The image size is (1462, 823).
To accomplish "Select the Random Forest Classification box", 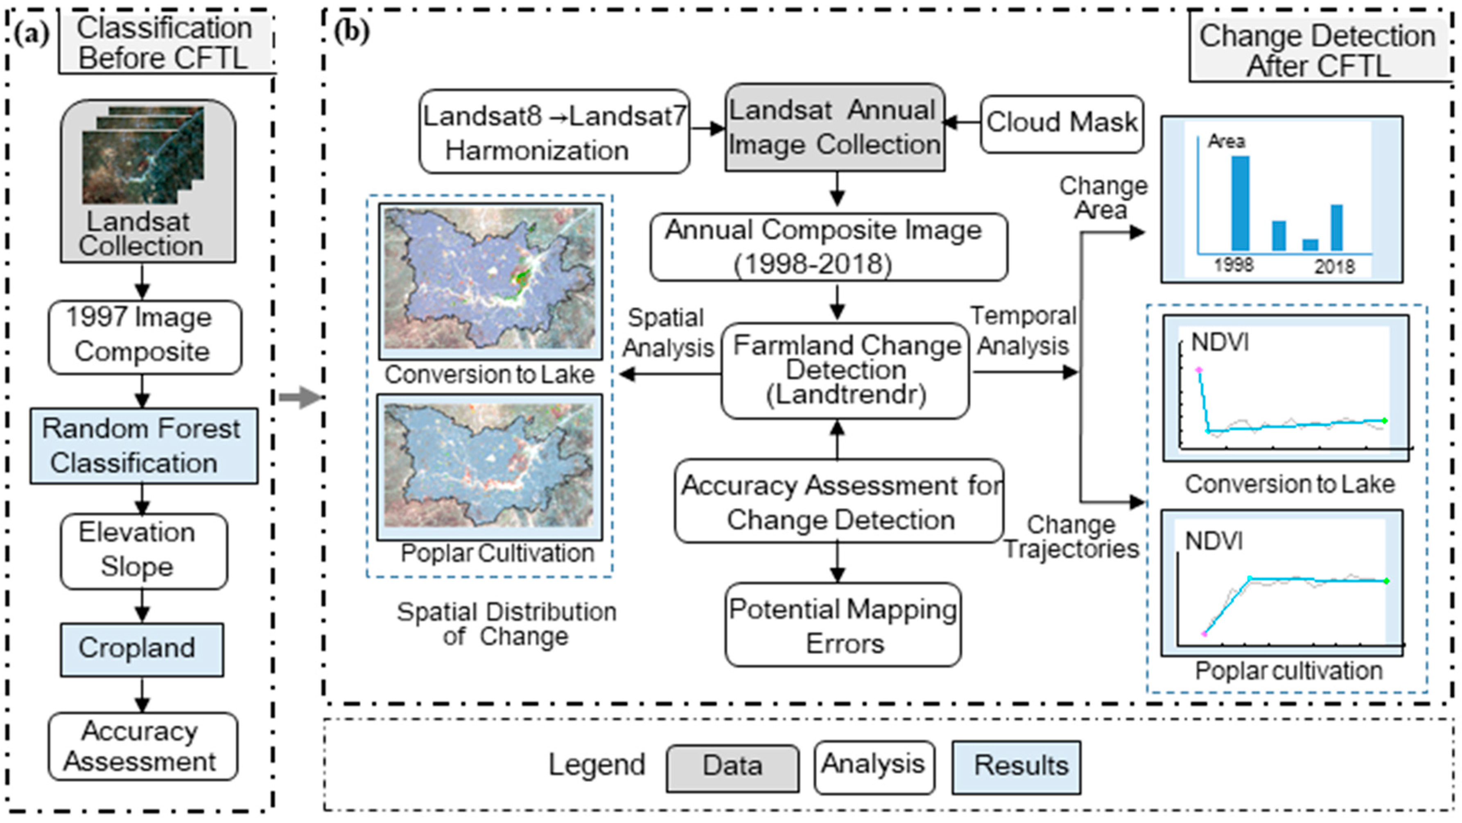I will click(144, 446).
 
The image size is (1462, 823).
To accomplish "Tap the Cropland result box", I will click(142, 649).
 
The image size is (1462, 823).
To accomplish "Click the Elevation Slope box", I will click(144, 550).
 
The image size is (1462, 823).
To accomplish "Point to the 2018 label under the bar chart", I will click(1334, 266).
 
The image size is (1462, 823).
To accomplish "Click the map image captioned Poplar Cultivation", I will click(489, 466).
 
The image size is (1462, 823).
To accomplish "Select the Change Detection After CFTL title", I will click(1318, 50).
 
